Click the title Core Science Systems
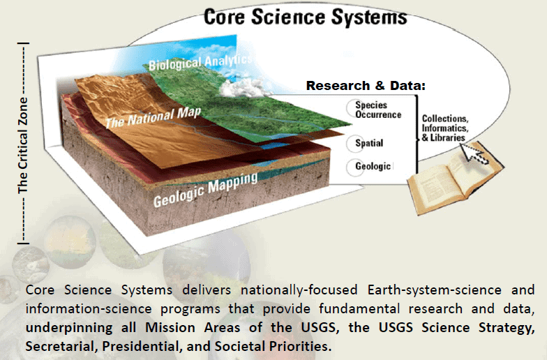306,17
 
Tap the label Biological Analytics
200,63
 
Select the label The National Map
153,117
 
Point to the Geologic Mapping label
205,190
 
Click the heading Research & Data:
366,85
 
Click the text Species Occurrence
378,110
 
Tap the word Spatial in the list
369,143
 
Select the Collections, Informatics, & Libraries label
445,128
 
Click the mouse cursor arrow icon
474,153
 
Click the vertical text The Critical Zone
22,145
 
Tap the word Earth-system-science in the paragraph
434,290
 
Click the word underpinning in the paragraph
68,328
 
